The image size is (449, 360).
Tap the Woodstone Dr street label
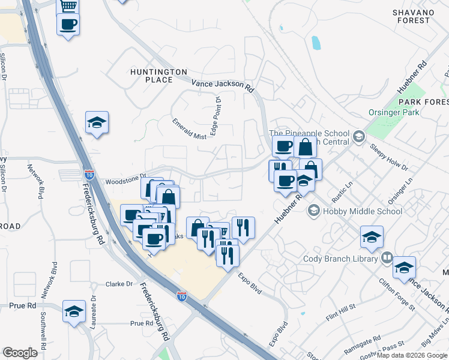point(125,179)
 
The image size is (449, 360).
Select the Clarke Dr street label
point(118,284)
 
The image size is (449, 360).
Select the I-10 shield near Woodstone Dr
point(89,175)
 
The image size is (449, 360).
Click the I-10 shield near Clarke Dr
point(182,296)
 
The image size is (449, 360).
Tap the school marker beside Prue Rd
point(74,311)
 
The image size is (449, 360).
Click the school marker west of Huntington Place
point(97,122)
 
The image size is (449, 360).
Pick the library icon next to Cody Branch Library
point(388,258)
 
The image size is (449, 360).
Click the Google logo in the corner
point(20,352)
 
